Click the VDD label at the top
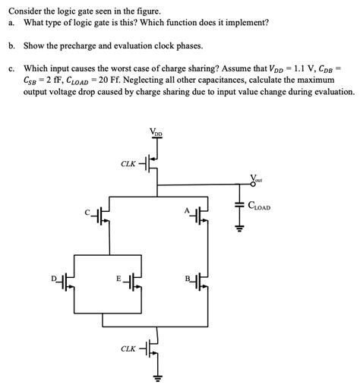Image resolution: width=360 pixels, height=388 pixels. click(x=158, y=135)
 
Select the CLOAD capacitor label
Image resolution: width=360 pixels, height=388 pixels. click(x=259, y=206)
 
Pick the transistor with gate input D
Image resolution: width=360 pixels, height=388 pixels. click(x=69, y=282)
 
